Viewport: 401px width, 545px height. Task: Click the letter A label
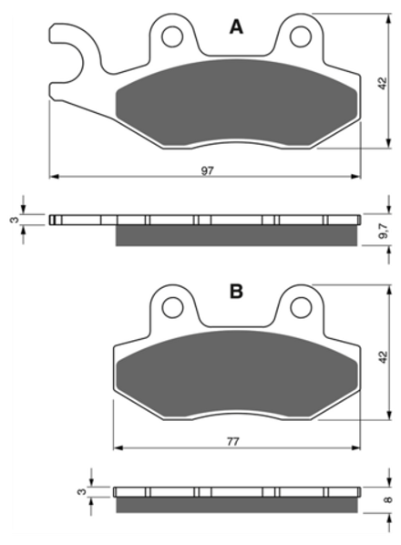coord(236,26)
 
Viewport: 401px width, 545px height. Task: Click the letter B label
coord(236,292)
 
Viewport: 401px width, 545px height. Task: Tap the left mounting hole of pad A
coord(172,36)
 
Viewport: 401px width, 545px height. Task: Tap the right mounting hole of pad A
coord(301,36)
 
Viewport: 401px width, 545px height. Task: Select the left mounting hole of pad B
coord(172,307)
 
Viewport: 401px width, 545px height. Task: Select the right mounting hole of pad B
coord(301,307)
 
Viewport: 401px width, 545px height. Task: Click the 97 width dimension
coord(208,170)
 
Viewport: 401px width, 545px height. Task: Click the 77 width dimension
coord(232,442)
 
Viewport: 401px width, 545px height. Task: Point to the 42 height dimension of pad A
coord(382,84)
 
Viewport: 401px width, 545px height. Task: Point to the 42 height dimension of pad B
coord(382,357)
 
